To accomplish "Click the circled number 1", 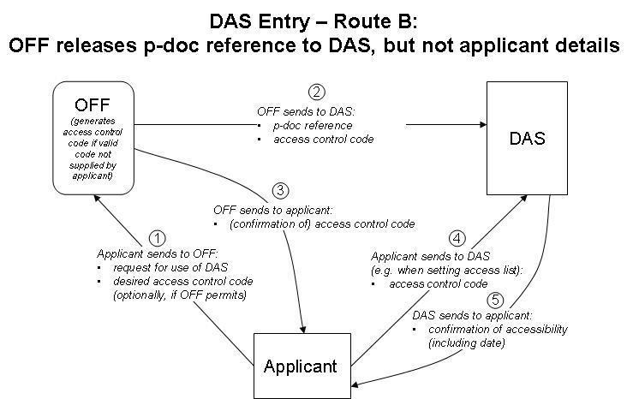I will tap(157, 237).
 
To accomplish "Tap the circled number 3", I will tap(280, 189).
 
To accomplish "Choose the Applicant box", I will tap(300, 366).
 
